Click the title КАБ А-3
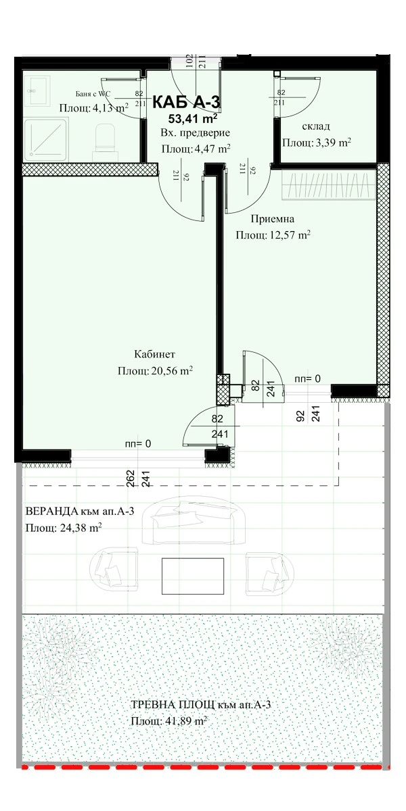(186, 102)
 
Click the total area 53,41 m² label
(192, 118)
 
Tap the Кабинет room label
(155, 353)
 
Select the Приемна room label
(273, 219)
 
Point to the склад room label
(316, 126)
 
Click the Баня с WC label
(93, 94)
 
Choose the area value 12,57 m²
(290, 235)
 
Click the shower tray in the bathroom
(46, 140)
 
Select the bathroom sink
(37, 91)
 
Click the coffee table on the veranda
(192, 576)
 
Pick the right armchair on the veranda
(270, 574)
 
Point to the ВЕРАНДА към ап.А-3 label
(80, 511)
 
